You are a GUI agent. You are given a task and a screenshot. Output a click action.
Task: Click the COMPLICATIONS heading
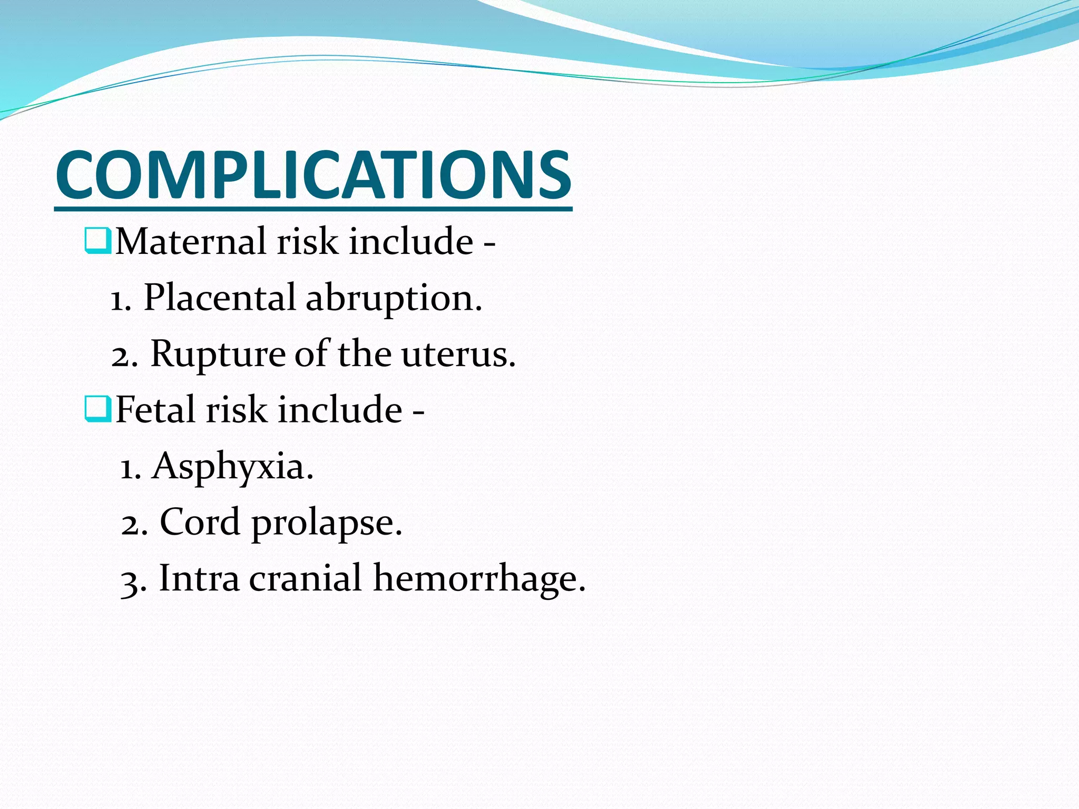point(313,175)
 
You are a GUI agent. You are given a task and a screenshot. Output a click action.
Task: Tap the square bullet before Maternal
point(97,241)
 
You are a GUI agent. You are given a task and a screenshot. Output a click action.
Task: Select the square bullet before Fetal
point(97,409)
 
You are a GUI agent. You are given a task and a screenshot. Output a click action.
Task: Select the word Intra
point(199,578)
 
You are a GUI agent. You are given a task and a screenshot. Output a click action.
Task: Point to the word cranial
point(306,578)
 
